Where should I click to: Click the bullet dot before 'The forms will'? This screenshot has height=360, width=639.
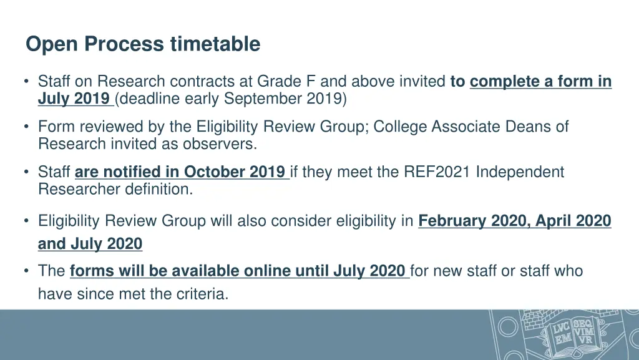click(x=27, y=271)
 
